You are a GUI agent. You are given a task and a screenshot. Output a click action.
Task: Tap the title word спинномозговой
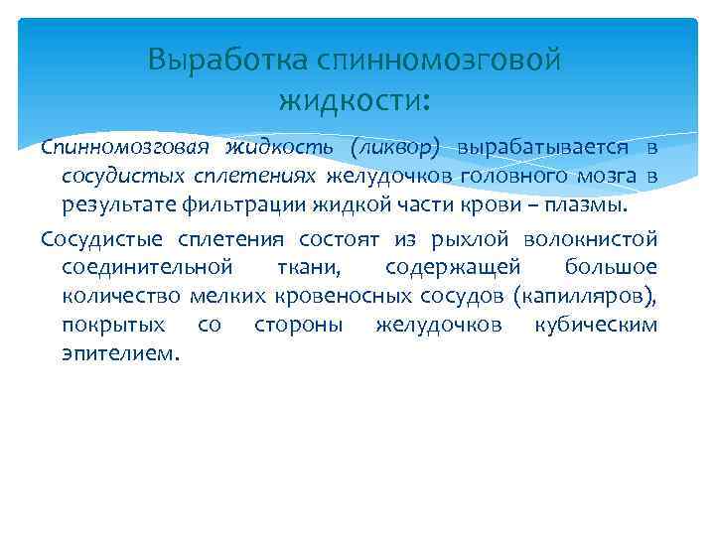tap(438, 62)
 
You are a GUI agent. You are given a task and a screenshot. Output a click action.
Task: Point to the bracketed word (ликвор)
tap(394, 148)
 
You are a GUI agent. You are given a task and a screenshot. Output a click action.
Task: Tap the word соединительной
tap(147, 268)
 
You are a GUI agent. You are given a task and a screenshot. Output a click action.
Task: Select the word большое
tap(610, 268)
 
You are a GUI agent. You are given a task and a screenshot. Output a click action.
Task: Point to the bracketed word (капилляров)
tap(587, 297)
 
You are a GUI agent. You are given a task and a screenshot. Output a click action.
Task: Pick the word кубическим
tap(596, 326)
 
